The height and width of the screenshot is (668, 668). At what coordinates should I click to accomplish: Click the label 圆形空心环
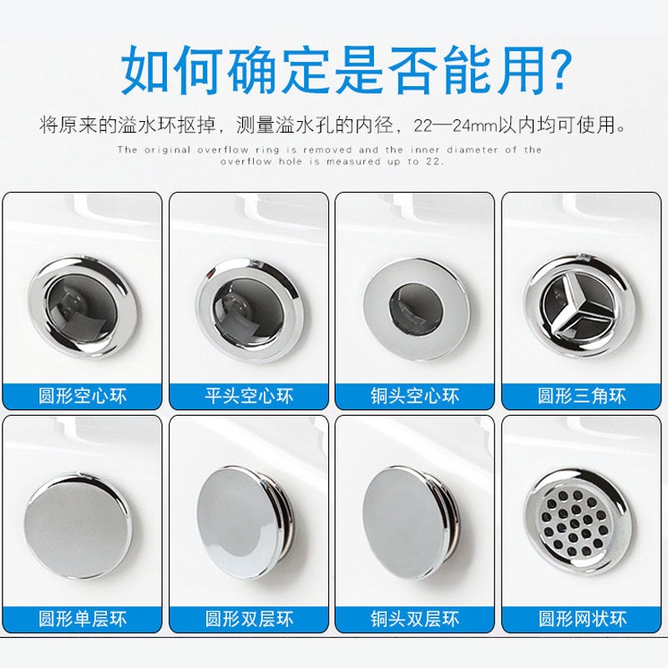[82, 395]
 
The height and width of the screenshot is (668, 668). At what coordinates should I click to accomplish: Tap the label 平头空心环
[248, 395]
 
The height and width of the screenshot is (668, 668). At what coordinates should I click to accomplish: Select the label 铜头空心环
[415, 395]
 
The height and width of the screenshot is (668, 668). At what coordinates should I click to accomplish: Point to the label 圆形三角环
[582, 395]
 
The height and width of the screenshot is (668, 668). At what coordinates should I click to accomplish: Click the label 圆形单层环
[82, 619]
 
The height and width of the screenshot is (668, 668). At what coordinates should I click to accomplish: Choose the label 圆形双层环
[248, 619]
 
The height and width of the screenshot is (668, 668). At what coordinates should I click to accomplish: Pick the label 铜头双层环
[415, 619]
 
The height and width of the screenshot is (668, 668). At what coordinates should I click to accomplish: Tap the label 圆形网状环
[582, 619]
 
